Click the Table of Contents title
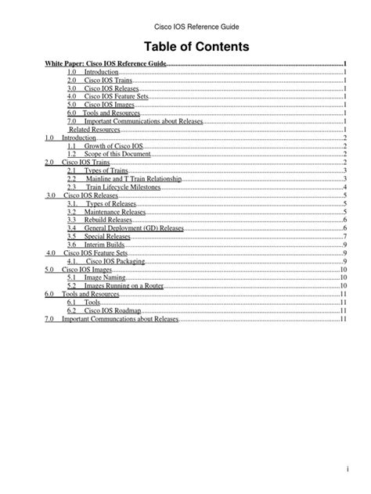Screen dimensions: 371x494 185,47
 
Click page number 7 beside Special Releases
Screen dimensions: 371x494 344,237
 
